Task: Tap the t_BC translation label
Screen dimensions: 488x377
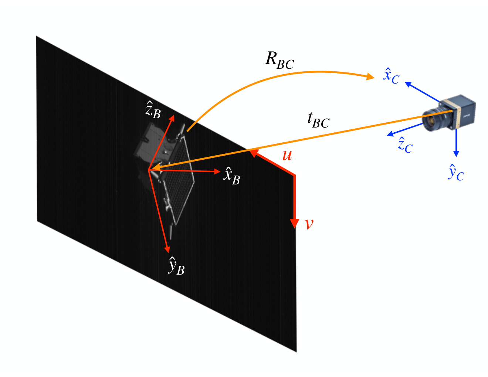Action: [x=318, y=120]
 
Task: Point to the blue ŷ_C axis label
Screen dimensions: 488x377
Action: [x=456, y=173]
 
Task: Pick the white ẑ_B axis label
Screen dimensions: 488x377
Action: [x=153, y=110]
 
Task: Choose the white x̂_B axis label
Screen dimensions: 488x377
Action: [x=231, y=176]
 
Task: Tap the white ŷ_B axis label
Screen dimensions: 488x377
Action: [x=176, y=266]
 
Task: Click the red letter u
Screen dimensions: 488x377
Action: [x=287, y=155]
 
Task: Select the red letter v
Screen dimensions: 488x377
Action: [x=309, y=224]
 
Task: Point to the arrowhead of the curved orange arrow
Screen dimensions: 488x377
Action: [x=370, y=77]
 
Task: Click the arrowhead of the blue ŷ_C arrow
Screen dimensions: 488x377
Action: [x=456, y=154]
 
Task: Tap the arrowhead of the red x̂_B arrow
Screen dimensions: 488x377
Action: [x=217, y=172]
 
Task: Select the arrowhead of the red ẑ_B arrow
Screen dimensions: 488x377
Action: [x=172, y=118]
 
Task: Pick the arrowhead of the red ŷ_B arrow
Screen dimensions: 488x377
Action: [x=167, y=249]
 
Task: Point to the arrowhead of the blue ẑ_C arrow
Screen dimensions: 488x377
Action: [x=390, y=134]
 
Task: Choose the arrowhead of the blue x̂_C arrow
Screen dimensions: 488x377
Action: [x=408, y=84]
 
